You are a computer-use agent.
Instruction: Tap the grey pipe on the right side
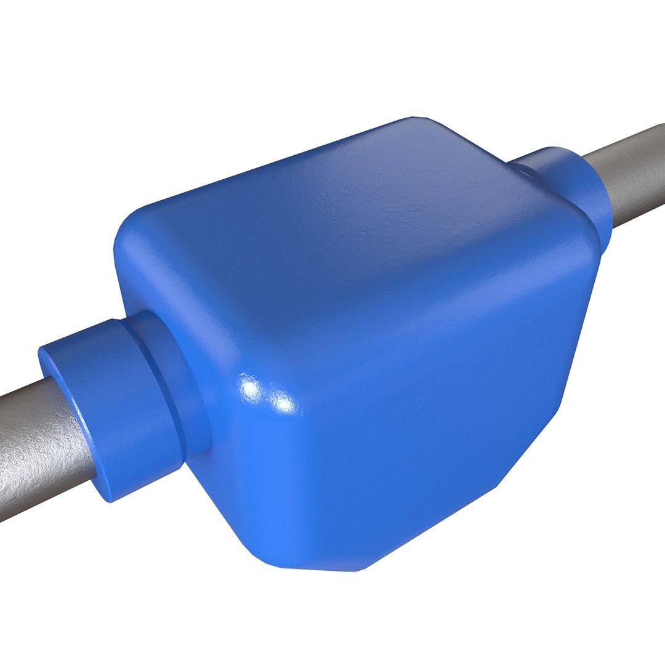pos(634,172)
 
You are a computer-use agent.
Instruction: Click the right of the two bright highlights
pos(283,403)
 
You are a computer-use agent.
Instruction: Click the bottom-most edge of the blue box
pos(320,567)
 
